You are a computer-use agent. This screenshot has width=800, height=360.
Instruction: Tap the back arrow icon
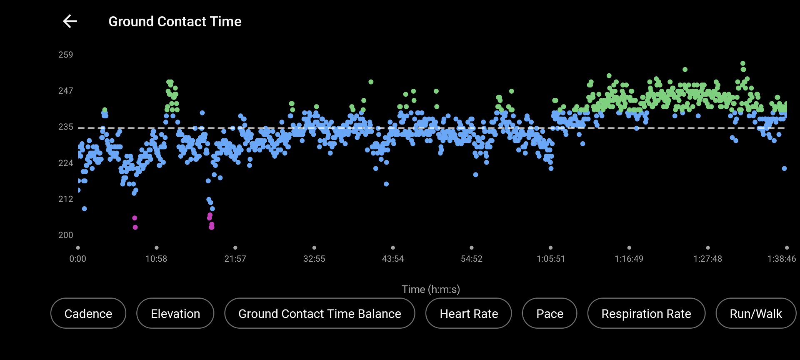tap(70, 21)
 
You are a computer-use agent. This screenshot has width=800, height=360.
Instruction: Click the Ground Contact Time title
tap(175, 21)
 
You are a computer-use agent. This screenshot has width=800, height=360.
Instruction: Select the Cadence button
tap(88, 313)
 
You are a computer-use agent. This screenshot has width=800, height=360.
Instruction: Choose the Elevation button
tap(175, 313)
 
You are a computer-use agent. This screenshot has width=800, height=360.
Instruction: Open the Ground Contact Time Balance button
tap(320, 313)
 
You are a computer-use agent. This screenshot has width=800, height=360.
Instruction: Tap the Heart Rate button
tap(468, 313)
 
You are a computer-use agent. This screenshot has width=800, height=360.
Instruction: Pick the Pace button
tap(550, 313)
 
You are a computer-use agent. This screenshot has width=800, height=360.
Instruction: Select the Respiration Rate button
tap(646, 313)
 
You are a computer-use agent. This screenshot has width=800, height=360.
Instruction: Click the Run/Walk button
tap(755, 313)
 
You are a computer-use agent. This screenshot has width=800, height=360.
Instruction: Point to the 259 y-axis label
tap(65, 55)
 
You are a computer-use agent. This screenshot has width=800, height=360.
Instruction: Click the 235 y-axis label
tap(65, 127)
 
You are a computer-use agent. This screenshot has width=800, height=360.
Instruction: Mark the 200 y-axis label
tap(65, 235)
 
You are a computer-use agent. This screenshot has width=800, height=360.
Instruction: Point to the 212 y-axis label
tap(65, 199)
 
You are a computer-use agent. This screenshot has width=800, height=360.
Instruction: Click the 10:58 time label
tap(156, 259)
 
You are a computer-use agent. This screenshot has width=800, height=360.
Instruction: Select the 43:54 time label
tap(393, 259)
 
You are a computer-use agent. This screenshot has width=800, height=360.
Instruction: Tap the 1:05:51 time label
tap(550, 259)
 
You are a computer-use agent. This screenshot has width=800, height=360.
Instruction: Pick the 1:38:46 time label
tap(781, 259)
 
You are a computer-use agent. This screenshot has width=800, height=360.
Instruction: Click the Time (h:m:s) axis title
tap(430, 289)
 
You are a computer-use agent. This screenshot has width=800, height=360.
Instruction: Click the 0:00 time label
tap(78, 259)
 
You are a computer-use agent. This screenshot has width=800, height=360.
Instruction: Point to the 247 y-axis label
tap(65, 91)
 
